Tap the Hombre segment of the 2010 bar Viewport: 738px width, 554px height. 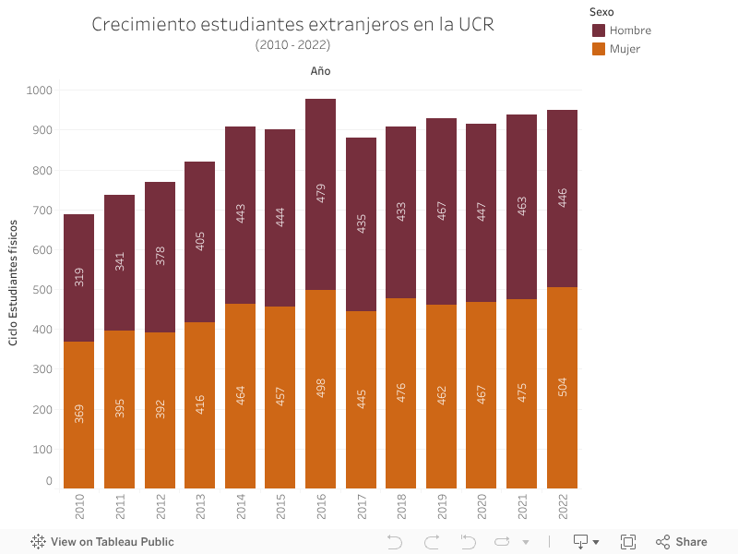click(78, 240)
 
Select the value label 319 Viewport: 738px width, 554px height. click(79, 276)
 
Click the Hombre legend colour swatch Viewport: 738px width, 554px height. click(599, 30)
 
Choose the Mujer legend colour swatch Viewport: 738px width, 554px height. click(599, 49)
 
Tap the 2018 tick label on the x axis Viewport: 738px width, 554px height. click(401, 506)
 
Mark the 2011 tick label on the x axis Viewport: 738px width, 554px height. click(120, 506)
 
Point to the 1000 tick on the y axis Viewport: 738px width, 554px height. click(41, 90)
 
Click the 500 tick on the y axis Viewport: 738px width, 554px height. click(43, 289)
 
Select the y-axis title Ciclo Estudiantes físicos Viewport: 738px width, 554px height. click(14, 283)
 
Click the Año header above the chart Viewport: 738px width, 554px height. click(320, 71)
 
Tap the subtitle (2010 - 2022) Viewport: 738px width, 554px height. click(292, 44)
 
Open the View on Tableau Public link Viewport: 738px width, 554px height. click(102, 542)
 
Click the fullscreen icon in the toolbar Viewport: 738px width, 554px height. click(628, 542)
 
